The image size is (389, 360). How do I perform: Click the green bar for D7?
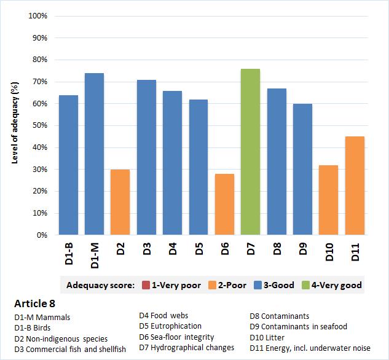250,152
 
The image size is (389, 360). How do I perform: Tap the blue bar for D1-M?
94,154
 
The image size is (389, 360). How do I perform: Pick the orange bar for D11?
355,186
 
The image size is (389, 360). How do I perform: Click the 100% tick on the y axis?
38,16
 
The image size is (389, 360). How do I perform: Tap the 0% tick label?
42,235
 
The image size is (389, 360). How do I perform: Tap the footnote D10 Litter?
267,337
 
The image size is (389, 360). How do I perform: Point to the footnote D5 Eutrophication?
170,326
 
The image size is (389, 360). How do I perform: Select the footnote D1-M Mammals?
42,317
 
